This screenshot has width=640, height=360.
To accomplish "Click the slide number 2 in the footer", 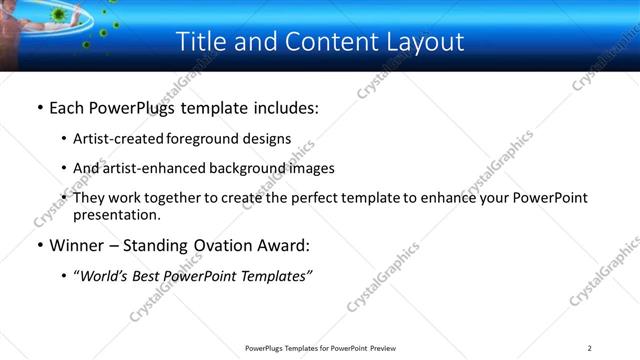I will point(590,348).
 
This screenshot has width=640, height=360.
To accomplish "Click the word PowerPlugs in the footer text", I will point(266,348).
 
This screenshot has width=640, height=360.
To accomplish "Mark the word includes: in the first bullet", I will point(283,107).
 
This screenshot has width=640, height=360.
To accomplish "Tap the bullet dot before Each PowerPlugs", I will point(39,108).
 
